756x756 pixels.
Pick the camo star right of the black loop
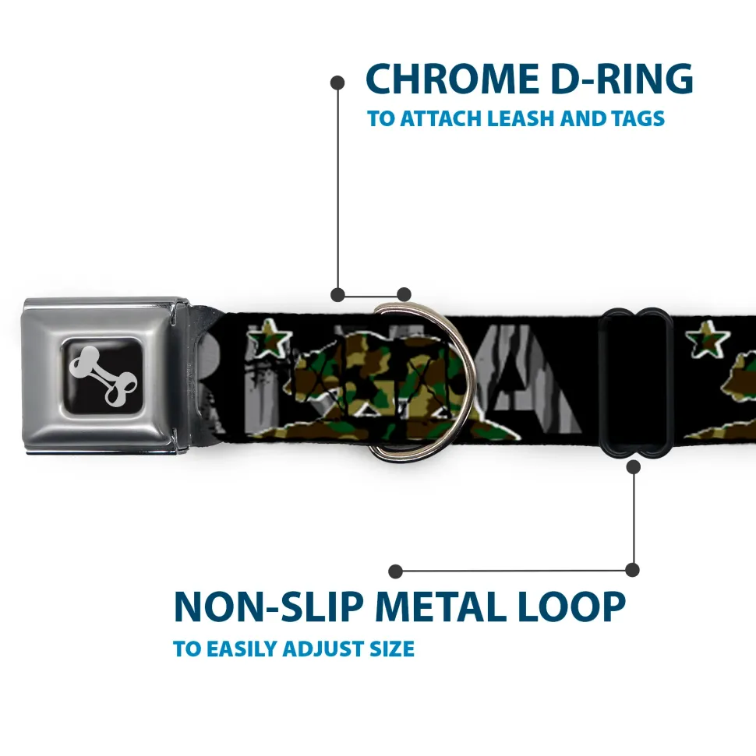708,339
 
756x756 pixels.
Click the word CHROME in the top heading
449,79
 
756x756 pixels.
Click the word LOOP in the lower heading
576,607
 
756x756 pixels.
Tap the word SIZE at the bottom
394,649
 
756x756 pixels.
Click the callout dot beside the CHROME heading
337,81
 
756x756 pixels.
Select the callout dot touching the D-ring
404,294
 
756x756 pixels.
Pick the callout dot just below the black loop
633,466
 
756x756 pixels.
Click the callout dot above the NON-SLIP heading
396,571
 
